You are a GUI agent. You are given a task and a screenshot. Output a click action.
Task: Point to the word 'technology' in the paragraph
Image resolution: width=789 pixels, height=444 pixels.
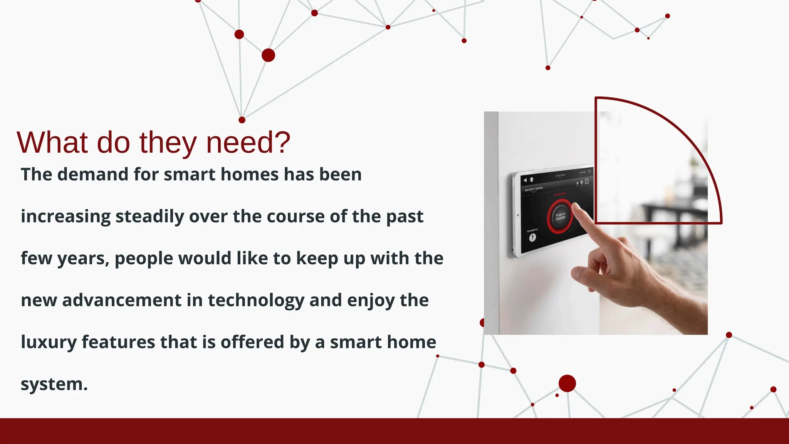point(256,300)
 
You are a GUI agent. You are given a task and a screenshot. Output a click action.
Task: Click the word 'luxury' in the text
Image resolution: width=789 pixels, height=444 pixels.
point(49,342)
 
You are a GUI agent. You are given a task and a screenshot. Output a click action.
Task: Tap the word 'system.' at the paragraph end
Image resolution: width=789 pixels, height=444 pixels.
point(54,384)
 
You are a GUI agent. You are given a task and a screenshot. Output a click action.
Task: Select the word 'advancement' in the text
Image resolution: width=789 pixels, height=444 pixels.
point(122,300)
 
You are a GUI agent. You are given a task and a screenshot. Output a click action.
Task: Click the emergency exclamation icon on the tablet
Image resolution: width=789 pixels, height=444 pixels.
point(532,238)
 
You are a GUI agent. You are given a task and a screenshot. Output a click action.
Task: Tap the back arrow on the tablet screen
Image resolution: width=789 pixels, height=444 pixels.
point(525,180)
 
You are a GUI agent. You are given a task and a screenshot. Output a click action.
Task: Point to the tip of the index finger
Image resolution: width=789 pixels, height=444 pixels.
point(576,207)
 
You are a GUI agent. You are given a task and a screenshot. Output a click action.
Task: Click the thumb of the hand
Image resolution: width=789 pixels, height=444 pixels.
point(584,274)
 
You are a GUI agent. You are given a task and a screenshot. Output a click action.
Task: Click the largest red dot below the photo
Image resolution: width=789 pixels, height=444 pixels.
point(567,383)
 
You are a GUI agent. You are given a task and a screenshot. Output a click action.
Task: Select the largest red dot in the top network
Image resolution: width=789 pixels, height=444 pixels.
point(268,55)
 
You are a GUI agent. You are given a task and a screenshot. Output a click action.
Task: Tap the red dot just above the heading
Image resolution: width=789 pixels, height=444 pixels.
point(242,120)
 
